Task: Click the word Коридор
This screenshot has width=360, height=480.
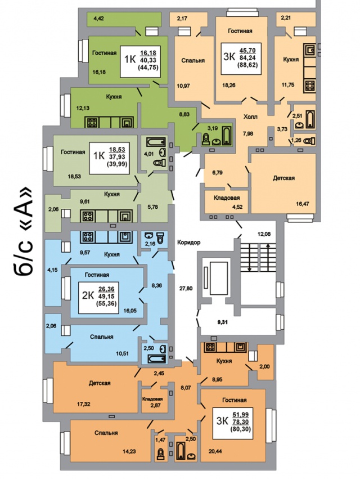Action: pyautogui.click(x=188, y=243)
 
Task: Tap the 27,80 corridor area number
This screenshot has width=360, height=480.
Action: pyautogui.click(x=186, y=288)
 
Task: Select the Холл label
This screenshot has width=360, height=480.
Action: pyautogui.click(x=250, y=116)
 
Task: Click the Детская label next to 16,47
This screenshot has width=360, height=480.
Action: pyautogui.click(x=283, y=178)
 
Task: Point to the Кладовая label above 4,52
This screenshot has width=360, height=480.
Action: pyautogui.click(x=227, y=198)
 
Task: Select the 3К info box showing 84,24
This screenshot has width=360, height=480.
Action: pyautogui.click(x=241, y=59)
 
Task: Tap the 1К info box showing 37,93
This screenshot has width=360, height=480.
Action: pyautogui.click(x=109, y=158)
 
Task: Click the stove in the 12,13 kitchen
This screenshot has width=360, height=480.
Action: pyautogui.click(x=92, y=123)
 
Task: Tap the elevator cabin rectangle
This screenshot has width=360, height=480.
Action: pyautogui.click(x=218, y=279)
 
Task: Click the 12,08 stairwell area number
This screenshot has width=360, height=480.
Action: pyautogui.click(x=264, y=234)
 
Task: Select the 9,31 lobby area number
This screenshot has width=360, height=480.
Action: pyautogui.click(x=222, y=322)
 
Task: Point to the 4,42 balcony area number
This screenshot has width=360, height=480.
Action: pyautogui.click(x=98, y=19)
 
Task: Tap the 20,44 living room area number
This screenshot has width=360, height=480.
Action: pyautogui.click(x=215, y=451)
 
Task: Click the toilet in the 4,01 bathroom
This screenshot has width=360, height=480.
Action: pyautogui.click(x=160, y=163)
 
